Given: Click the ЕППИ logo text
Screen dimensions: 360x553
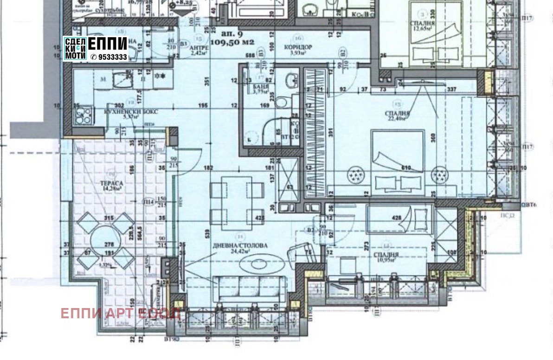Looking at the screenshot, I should [107, 44].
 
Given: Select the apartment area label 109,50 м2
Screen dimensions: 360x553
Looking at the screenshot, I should [232, 42].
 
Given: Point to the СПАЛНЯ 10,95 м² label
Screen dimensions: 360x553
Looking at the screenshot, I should [386, 255].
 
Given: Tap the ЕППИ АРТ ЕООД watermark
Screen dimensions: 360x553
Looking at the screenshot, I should [120, 313].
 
